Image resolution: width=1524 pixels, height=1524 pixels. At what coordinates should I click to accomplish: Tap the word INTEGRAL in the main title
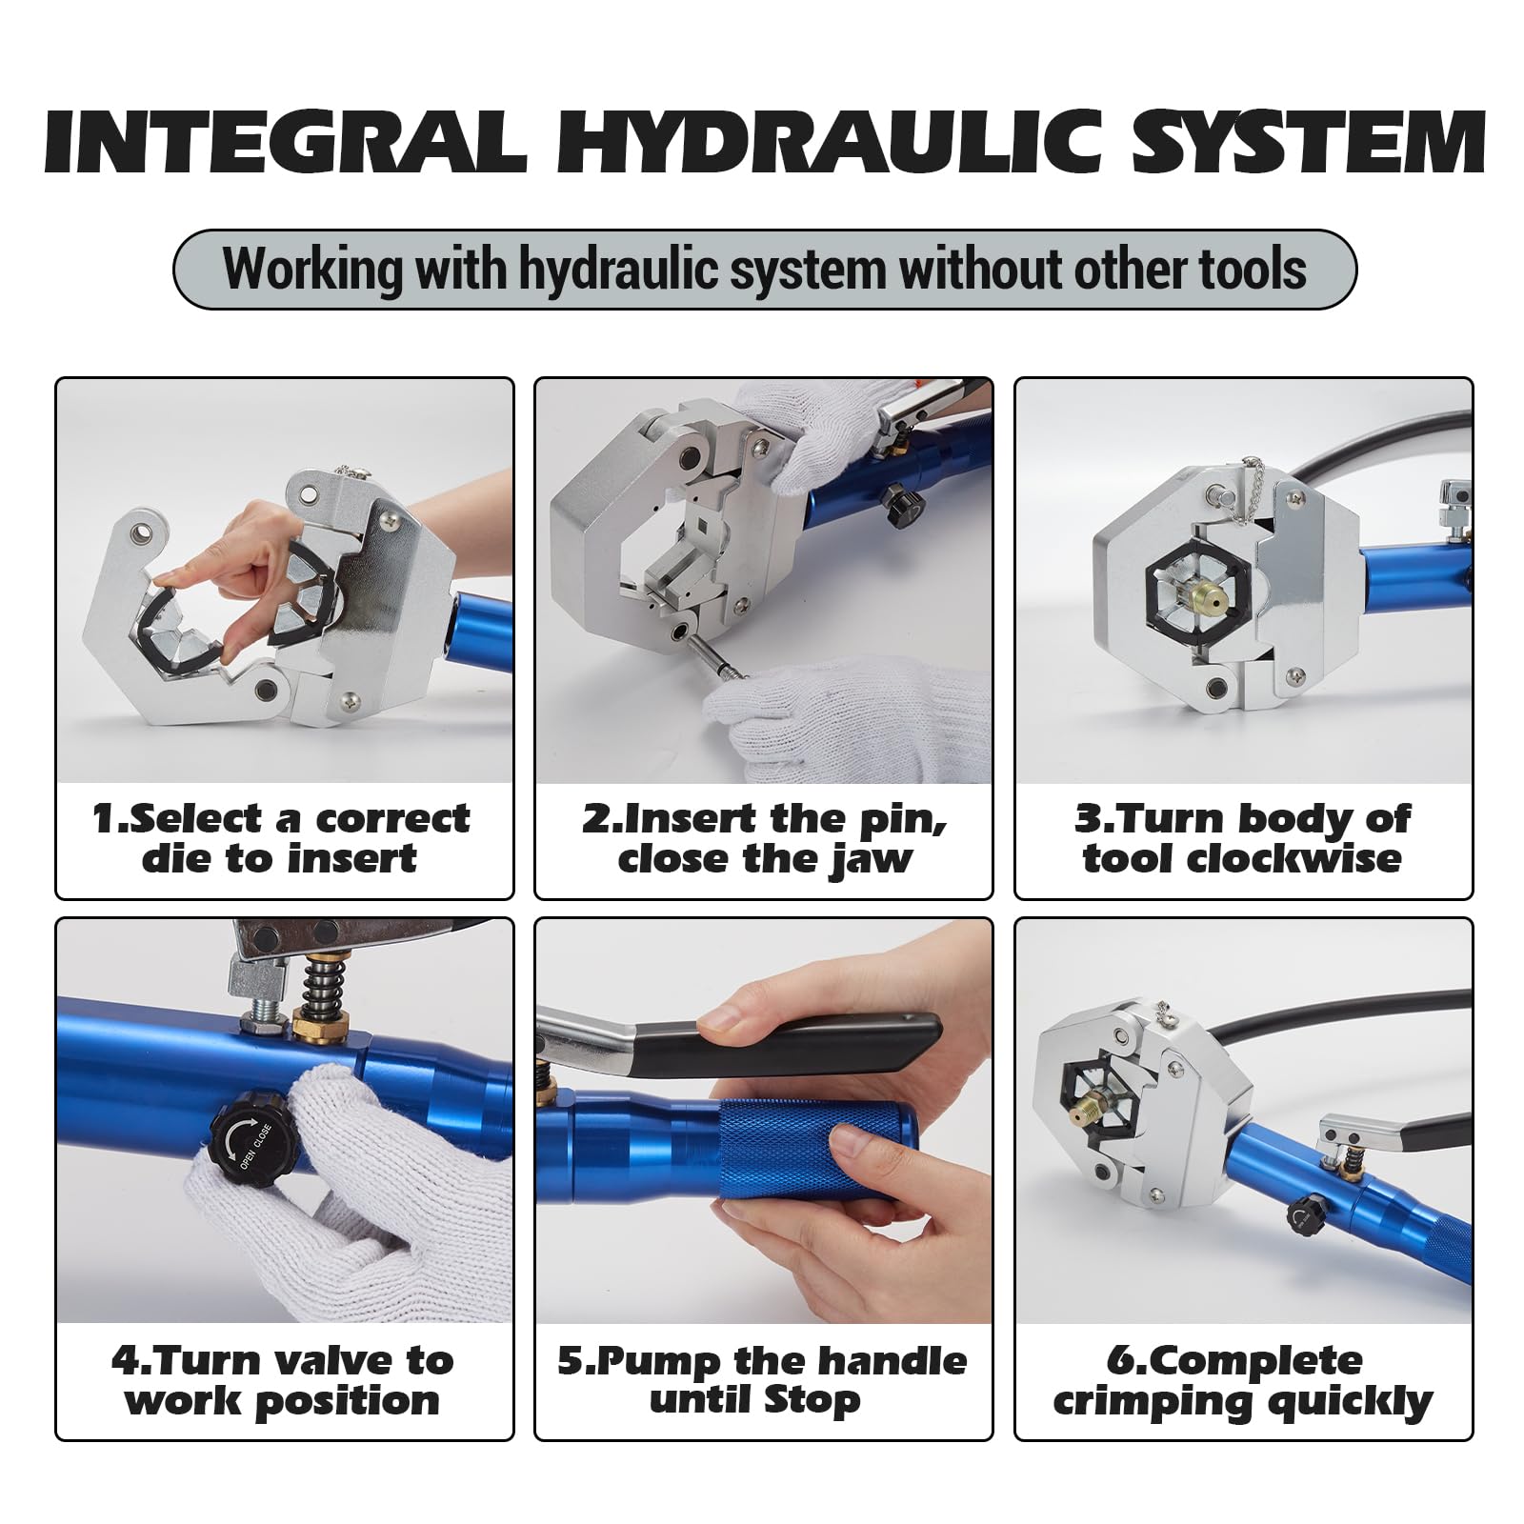coord(285,142)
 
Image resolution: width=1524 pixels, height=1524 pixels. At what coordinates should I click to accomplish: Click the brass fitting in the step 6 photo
coord(1090,1113)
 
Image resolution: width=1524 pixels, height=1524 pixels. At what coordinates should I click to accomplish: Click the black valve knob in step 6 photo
coord(1301,1216)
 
